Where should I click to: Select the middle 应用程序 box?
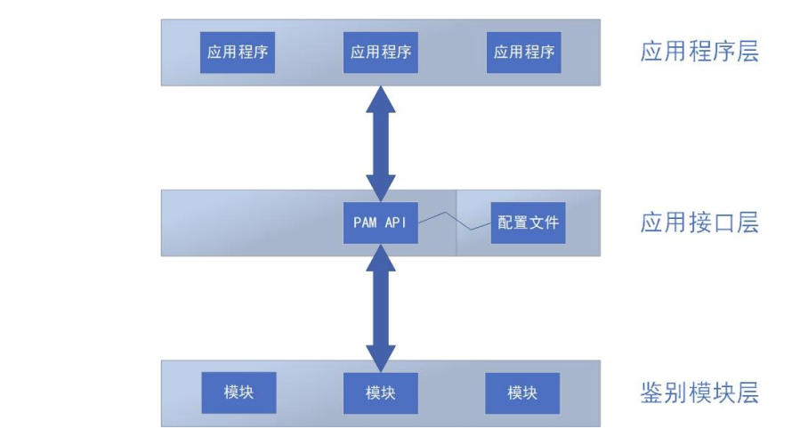point(381,53)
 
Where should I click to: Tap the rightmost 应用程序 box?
point(524,53)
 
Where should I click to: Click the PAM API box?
point(381,223)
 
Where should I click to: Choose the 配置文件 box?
point(528,223)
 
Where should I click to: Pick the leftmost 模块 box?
point(238,392)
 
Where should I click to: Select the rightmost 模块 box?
point(522,392)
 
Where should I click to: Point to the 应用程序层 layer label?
point(699,52)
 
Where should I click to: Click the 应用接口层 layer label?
point(699,223)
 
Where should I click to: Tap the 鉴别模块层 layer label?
point(699,392)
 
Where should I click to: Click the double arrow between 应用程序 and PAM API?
point(381,142)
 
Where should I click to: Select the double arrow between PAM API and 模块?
point(381,307)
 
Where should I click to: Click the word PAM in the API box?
point(365,223)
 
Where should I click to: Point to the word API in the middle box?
point(396,223)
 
